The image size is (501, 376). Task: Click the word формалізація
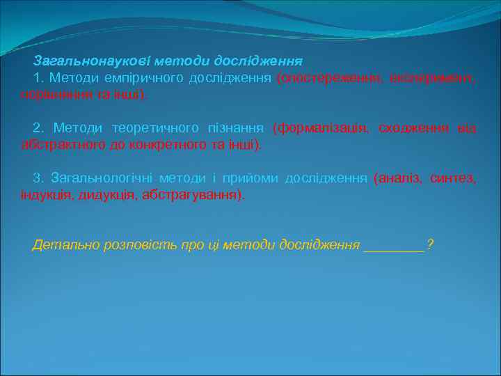pyautogui.click(x=321, y=128)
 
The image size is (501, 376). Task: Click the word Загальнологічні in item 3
pyautogui.click(x=97, y=179)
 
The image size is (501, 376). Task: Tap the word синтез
pyautogui.click(x=453, y=179)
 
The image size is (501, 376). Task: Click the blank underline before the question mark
pyautogui.click(x=394, y=246)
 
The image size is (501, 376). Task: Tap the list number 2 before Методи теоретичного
pyautogui.click(x=36, y=128)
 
